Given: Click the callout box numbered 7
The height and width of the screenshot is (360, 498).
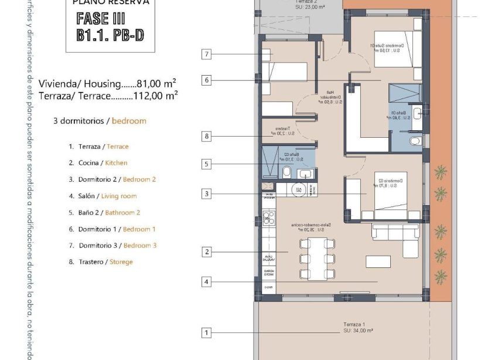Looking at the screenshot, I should click(x=206, y=55).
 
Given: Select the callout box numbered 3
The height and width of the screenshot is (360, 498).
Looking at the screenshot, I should click(x=206, y=193).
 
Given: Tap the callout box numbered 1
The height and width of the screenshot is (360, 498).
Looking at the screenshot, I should click(x=206, y=333).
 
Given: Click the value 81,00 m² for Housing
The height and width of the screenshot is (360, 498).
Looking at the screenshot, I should click(x=156, y=84).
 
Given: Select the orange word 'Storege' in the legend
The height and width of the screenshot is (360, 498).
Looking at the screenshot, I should click(x=121, y=262).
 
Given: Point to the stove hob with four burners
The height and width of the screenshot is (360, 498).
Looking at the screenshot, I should click(x=268, y=218).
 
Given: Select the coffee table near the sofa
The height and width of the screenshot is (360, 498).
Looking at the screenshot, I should click(x=378, y=261).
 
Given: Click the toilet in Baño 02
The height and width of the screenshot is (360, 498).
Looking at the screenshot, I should click(x=287, y=172).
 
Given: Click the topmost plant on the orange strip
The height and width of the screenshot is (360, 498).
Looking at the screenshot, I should click(x=439, y=172).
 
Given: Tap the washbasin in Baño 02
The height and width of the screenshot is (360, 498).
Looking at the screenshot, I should click(x=306, y=173).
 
